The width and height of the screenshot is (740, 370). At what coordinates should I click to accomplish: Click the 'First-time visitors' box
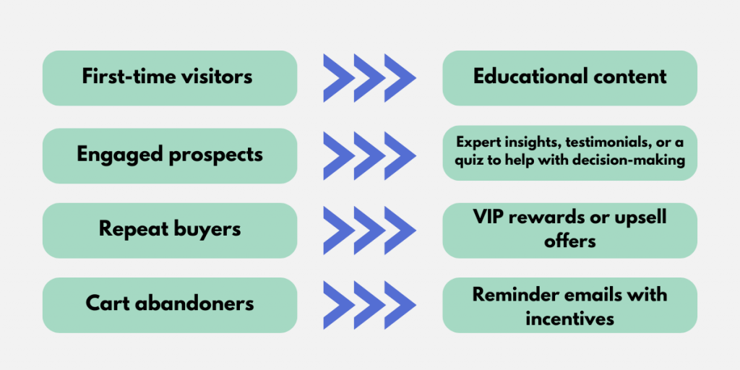(170, 77)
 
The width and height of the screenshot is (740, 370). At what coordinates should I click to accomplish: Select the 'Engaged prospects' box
(170, 155)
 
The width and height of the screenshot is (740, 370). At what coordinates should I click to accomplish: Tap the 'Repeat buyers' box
(170, 230)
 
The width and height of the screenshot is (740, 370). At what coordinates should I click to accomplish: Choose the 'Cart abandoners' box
(170, 304)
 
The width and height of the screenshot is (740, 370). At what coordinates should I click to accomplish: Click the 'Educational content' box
(569, 77)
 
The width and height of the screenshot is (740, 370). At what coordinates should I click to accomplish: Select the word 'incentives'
(570, 317)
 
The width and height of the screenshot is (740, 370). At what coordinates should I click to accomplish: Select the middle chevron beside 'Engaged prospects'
(369, 155)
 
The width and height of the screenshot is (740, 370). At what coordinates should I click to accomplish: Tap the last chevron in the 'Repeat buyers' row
(400, 230)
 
